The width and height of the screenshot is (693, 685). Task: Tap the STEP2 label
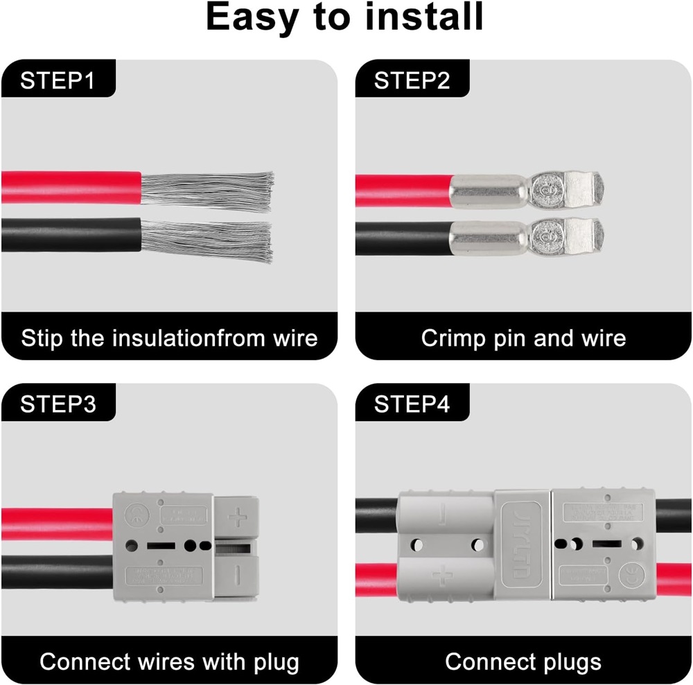412,80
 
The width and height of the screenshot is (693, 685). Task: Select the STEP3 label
58,404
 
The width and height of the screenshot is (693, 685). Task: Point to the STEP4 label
412,404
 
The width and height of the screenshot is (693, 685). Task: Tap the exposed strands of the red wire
208,188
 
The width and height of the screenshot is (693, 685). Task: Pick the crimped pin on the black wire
527,237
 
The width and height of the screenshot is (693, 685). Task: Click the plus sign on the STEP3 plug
238,516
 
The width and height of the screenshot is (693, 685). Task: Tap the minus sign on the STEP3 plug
238,573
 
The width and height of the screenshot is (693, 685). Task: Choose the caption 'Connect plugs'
523,661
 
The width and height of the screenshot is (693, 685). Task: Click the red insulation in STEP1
69,187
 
